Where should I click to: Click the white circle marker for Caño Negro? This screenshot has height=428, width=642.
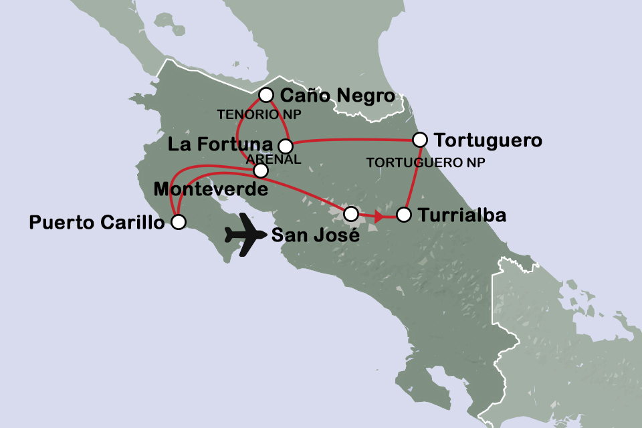point(266,94)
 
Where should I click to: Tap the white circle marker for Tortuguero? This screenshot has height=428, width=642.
point(419,140)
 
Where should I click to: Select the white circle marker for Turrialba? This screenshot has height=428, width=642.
point(403,215)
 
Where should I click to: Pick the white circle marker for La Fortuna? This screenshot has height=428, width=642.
point(285,146)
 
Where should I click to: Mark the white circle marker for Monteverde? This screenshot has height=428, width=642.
point(261,171)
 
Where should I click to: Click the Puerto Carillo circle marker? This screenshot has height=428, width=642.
point(178,223)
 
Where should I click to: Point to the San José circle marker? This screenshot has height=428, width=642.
point(350,214)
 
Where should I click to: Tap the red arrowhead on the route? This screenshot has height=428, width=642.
point(379,216)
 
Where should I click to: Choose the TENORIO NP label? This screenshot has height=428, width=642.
point(259,115)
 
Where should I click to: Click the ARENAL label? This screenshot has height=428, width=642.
point(274,158)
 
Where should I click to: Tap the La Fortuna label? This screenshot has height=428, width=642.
point(221,144)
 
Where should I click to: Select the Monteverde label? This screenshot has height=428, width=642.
point(211,190)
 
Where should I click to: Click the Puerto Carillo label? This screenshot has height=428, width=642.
point(97,223)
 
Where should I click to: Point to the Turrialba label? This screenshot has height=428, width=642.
point(461,216)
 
